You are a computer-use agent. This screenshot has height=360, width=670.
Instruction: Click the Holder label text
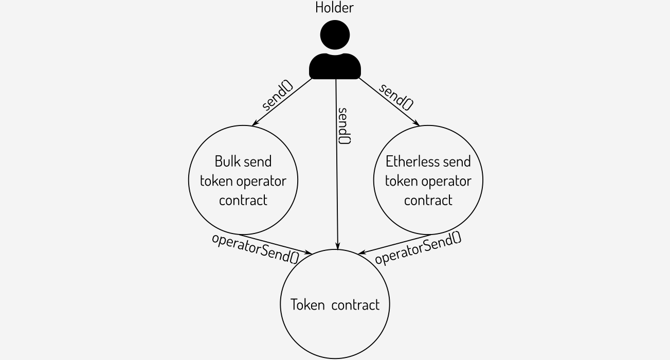pyautogui.click(x=334, y=8)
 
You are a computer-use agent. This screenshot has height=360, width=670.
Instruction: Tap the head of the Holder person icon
pyautogui.click(x=335, y=34)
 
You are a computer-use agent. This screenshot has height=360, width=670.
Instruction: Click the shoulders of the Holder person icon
pyautogui.click(x=335, y=66)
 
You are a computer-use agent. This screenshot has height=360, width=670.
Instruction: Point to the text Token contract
pyautogui.click(x=335, y=304)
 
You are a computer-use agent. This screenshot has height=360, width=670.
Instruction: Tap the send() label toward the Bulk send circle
pyautogui.click(x=278, y=96)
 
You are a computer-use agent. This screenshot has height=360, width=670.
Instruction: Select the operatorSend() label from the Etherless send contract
pyautogui.click(x=418, y=248)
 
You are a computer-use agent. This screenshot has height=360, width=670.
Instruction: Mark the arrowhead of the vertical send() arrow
pyautogui.click(x=337, y=247)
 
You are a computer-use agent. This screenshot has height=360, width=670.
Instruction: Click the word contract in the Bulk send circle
pyautogui.click(x=243, y=200)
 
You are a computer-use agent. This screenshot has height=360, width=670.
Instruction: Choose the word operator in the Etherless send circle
pyautogui.click(x=450, y=181)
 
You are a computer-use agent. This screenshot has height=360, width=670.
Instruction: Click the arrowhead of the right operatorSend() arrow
pyautogui.click(x=361, y=252)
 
